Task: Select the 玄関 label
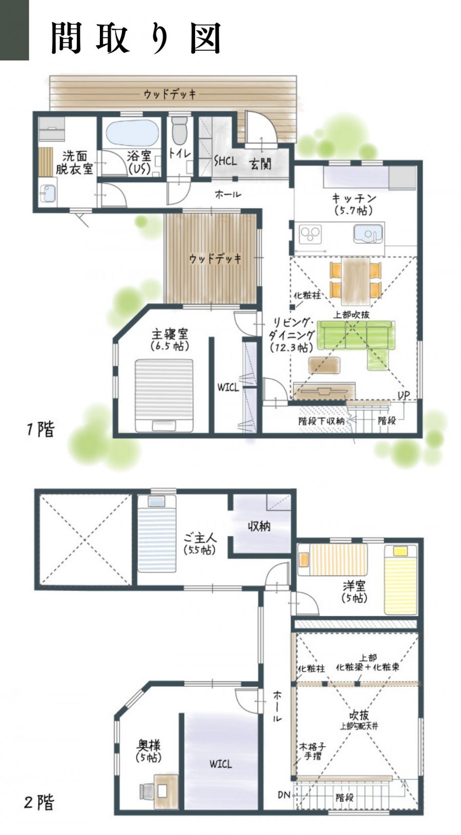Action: click(x=260, y=163)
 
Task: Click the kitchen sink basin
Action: click(x=368, y=234)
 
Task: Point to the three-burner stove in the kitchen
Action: click(x=310, y=234)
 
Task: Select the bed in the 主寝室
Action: click(x=164, y=395)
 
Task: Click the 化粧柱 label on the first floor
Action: click(x=307, y=296)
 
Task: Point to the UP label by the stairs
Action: click(x=403, y=395)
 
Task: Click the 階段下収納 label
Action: click(x=321, y=421)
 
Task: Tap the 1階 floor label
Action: click(x=40, y=429)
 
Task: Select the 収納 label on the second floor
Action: click(x=259, y=526)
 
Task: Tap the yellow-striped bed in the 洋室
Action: click(x=401, y=580)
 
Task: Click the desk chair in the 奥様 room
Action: click(x=146, y=790)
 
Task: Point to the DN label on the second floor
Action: click(x=284, y=795)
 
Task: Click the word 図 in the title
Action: click(x=206, y=38)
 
